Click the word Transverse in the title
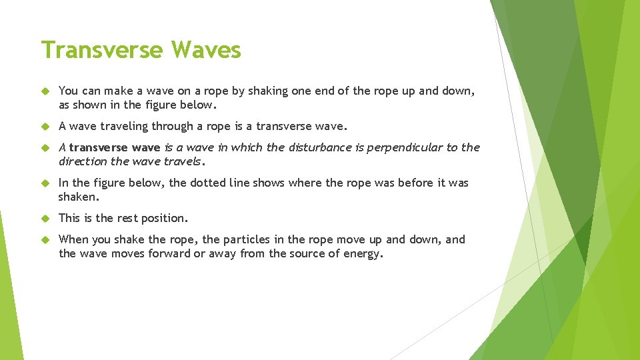click(102, 49)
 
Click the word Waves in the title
click(206, 49)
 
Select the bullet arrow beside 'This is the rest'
click(45, 218)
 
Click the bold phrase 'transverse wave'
click(115, 147)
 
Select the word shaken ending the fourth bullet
click(78, 197)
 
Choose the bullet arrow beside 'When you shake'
click(45, 239)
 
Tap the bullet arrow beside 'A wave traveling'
click(45, 126)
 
